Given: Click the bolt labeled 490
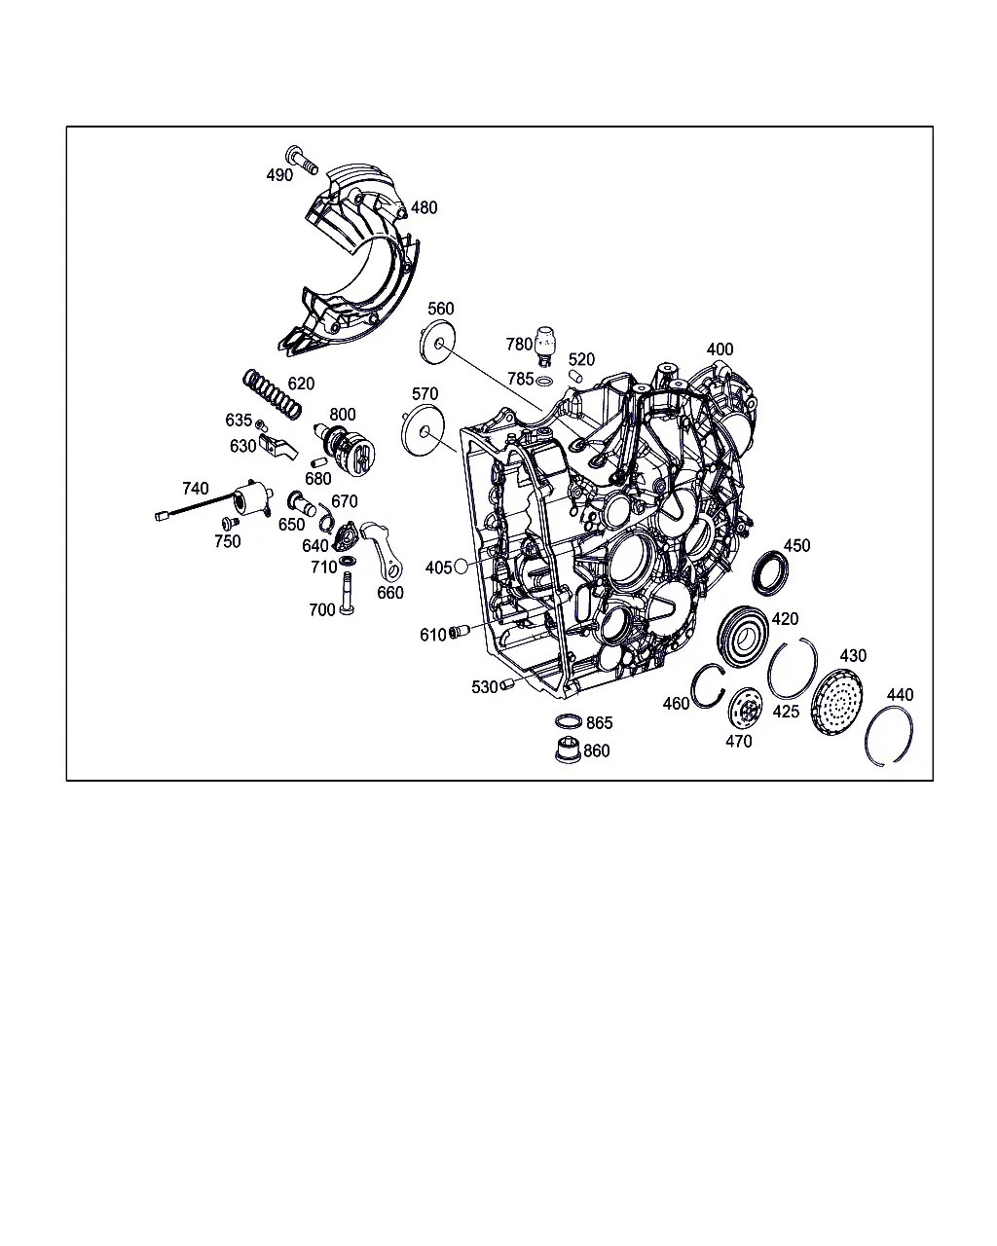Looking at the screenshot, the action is click(x=302, y=160).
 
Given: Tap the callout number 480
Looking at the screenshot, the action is click(x=425, y=207).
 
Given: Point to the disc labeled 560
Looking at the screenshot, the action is click(x=437, y=343).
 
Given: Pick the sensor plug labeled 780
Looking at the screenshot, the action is click(x=544, y=346).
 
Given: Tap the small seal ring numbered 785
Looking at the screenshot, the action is click(x=544, y=381).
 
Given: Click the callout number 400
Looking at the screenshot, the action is click(x=720, y=349).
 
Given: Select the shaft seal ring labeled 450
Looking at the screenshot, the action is click(x=770, y=573).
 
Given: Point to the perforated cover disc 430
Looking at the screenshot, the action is click(x=836, y=702).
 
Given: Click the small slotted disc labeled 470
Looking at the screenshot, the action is click(x=745, y=708).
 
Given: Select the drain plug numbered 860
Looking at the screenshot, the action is click(x=569, y=750).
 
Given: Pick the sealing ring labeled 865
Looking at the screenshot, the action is click(x=569, y=721).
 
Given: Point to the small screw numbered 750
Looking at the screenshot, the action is click(x=230, y=524).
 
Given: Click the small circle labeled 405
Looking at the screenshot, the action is click(x=462, y=566).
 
